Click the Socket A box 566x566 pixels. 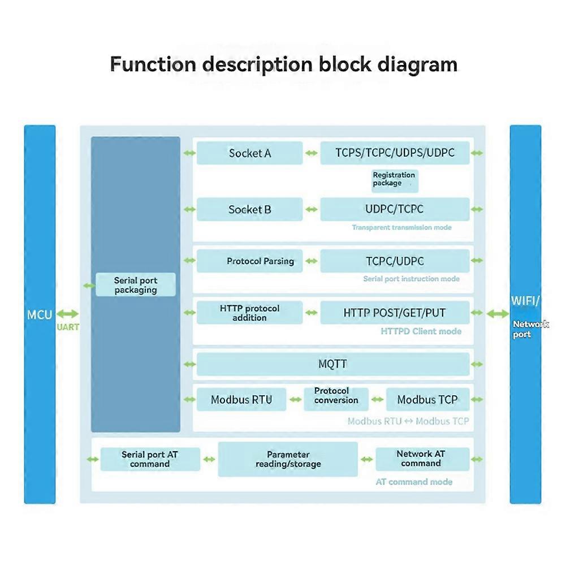249,153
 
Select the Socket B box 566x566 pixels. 249,209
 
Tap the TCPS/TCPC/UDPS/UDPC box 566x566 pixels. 395,153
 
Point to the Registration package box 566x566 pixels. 395,180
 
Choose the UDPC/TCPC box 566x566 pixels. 395,209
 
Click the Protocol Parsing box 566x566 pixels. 249,261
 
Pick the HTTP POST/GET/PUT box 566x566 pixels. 395,313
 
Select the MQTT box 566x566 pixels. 333,364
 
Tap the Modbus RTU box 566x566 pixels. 241,400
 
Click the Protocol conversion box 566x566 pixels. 336,399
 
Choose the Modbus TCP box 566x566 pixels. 427,400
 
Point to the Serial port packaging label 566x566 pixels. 136,285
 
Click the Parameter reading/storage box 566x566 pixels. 288,459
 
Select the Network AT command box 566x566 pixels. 422,459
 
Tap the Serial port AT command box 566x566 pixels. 150,459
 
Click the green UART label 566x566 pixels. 68,327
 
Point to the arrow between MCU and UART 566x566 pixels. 67,314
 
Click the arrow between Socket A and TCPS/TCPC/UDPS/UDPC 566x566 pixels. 312,153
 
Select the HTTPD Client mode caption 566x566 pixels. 421,331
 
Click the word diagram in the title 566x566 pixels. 417,65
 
